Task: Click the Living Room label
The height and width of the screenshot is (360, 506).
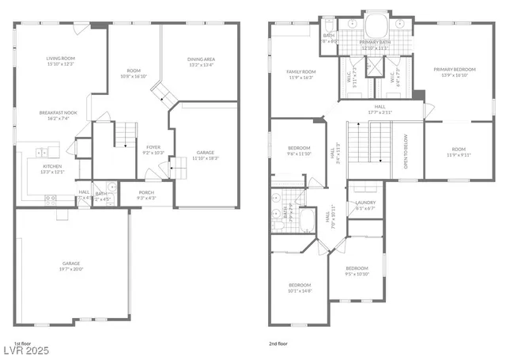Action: [x=60, y=58]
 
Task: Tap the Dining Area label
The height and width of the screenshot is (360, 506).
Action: [x=198, y=58]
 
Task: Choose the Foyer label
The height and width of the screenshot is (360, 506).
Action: [x=153, y=147]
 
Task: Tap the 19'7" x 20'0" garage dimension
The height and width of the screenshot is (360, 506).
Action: [x=71, y=268]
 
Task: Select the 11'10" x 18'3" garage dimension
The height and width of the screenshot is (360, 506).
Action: [x=205, y=157]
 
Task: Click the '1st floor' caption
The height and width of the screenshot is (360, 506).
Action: [x=23, y=343]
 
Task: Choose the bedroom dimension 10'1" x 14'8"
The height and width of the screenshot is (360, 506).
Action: [x=300, y=290]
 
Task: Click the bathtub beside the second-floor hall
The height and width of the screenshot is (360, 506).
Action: [x=307, y=220]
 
